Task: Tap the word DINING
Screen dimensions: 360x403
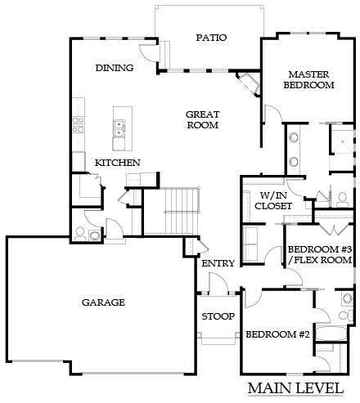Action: pos(115,68)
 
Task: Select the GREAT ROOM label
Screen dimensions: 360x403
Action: pos(203,119)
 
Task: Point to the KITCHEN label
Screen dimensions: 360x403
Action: pos(118,163)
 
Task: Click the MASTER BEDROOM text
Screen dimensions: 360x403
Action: pos(308,79)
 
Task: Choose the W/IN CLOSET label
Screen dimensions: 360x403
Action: pos(273,200)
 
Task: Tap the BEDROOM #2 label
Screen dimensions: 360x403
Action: pos(277,334)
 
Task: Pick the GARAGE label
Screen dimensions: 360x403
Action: pos(103,302)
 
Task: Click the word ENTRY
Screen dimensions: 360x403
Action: pos(218,263)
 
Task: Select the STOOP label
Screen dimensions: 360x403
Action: pos(218,316)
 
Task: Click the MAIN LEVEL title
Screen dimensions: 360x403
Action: pos(295,388)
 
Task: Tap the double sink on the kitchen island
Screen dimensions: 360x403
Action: pos(119,128)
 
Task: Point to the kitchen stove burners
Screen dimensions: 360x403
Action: pos(78,125)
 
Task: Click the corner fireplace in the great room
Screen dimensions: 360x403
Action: pos(248,83)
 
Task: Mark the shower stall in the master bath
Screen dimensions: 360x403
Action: pos(341,139)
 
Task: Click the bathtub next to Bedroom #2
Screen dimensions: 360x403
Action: pos(331,333)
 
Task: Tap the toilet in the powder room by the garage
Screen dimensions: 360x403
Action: pos(80,235)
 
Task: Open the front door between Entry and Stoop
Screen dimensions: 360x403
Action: pos(218,284)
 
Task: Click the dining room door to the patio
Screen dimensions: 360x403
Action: pos(148,52)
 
